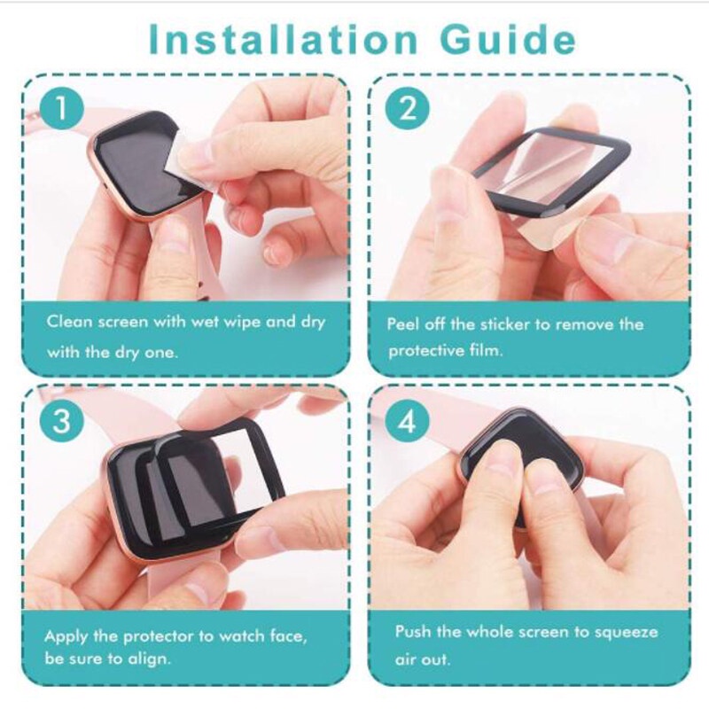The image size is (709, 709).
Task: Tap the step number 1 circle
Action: pos(60,110)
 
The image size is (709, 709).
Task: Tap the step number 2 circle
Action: pos(407,110)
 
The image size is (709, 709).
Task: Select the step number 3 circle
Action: pos(60,422)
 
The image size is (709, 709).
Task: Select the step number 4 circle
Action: pos(407,422)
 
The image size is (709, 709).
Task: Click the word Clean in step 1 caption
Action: pos(69,322)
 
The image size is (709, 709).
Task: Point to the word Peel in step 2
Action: pos(404,323)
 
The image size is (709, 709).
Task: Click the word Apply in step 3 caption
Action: pos(67,636)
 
